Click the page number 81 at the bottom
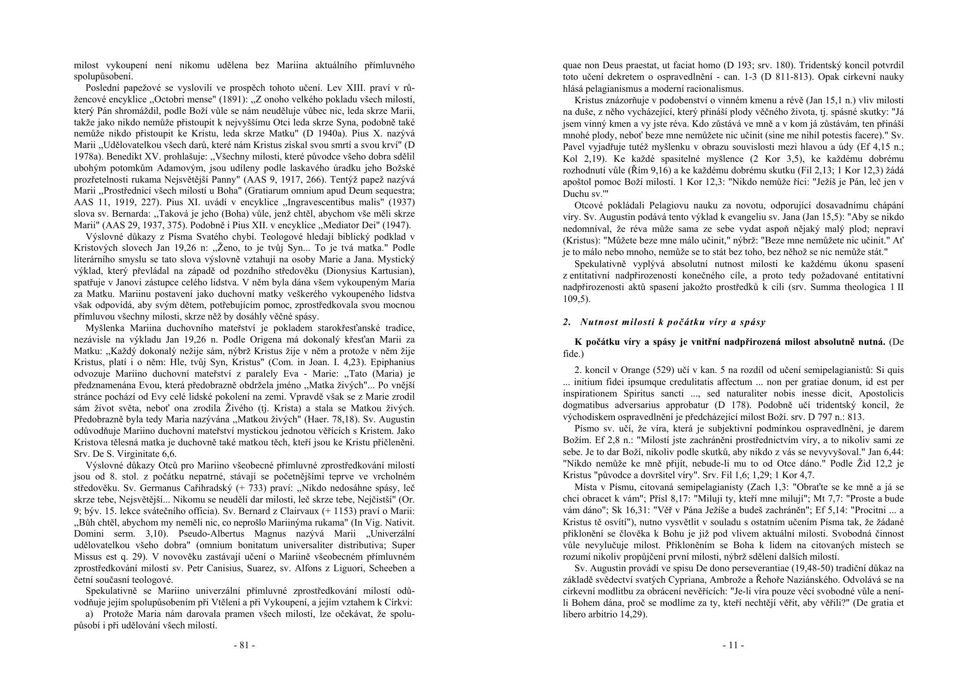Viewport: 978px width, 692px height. pyautogui.click(x=244, y=645)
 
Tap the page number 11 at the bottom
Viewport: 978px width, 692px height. pyautogui.click(x=733, y=645)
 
